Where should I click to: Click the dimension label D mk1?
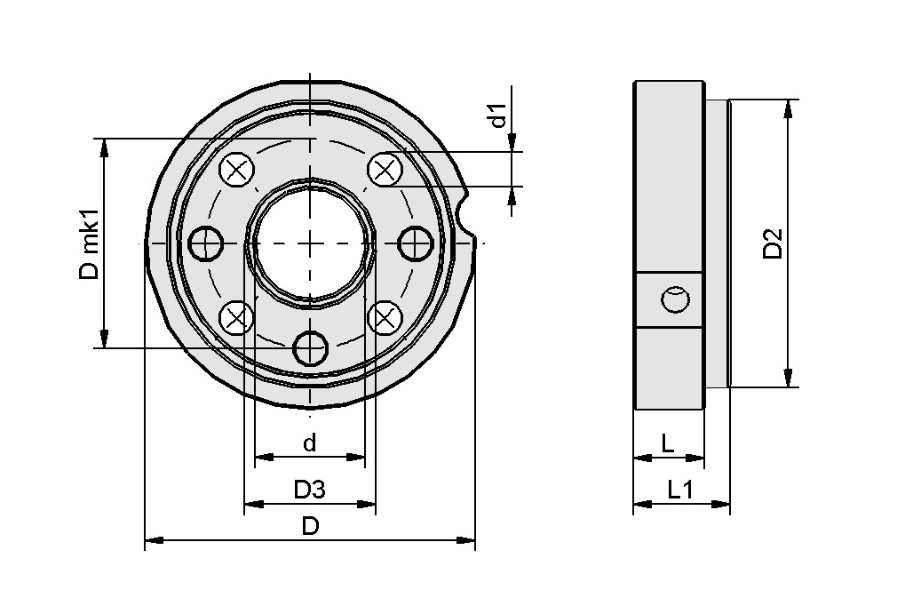[89, 244]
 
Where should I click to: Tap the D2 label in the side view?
[773, 243]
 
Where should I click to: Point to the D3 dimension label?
[310, 489]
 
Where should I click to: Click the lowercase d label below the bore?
[309, 443]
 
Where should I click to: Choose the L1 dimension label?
[680, 489]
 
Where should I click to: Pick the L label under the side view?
[668, 443]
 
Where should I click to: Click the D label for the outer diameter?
[310, 526]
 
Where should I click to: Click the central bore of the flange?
[309, 242]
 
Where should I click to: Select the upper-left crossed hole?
[235, 170]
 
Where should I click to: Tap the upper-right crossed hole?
[384, 170]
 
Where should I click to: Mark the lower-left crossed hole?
[235, 316]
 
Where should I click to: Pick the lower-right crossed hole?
[384, 316]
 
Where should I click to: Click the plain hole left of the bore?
[206, 243]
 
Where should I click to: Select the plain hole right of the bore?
[414, 243]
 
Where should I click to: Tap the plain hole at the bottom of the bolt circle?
[310, 347]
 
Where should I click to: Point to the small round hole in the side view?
[675, 299]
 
